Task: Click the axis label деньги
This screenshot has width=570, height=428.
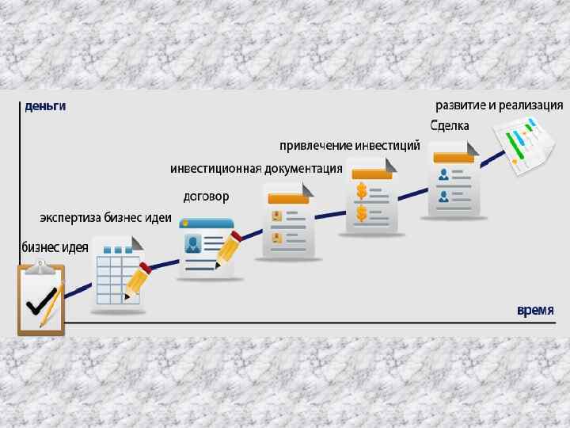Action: coord(44,105)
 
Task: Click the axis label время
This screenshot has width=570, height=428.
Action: coord(535,310)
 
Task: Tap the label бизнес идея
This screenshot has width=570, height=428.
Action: coord(55,247)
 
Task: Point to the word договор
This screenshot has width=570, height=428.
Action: coord(206,196)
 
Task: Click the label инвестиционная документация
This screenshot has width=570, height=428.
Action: coord(256,169)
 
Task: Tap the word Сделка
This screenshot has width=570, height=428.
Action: coord(450,126)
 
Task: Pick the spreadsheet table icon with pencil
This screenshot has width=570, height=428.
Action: coord(119,272)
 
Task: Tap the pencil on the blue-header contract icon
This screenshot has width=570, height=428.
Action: coord(228,249)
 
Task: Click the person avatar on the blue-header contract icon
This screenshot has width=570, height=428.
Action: coord(193,243)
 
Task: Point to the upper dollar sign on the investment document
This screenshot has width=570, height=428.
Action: coord(362,191)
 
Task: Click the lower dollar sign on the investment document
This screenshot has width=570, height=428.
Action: coord(362,213)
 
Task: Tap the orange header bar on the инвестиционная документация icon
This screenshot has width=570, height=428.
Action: coord(288,198)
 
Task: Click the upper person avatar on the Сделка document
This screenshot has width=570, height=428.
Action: coord(443,174)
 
